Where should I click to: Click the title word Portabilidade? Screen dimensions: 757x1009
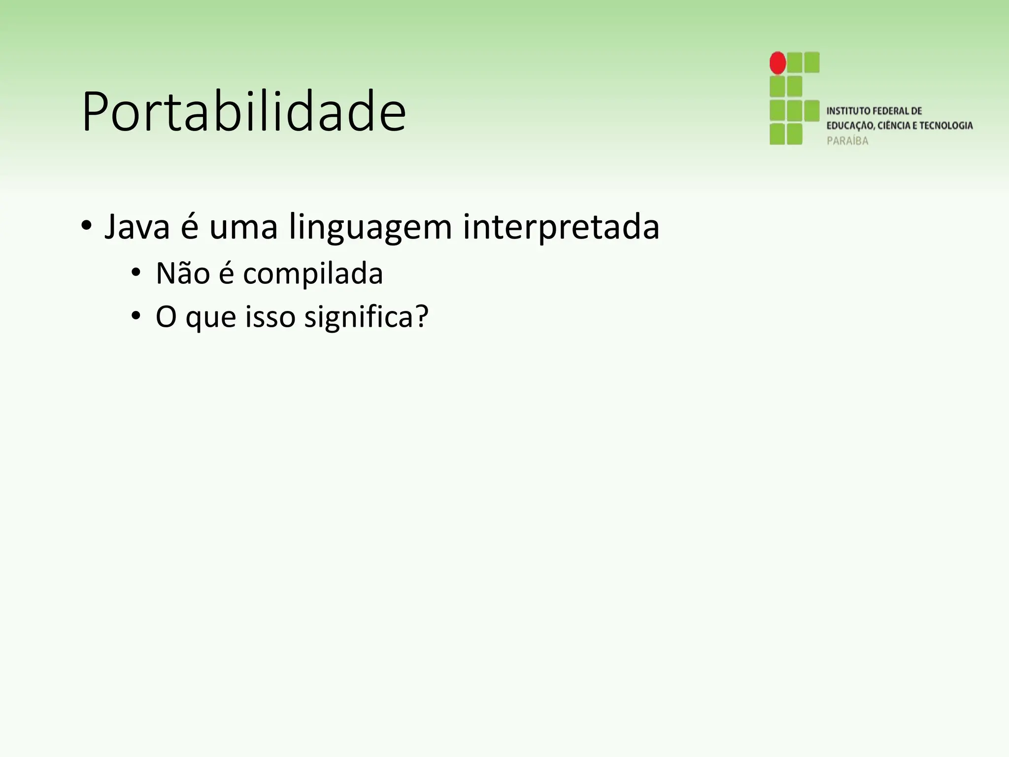pos(244,112)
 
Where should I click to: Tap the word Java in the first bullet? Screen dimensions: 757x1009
pos(137,228)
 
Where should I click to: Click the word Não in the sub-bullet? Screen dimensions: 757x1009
pos(183,274)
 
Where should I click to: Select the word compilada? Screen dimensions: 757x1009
pos(313,275)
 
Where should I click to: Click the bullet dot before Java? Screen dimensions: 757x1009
pos(86,227)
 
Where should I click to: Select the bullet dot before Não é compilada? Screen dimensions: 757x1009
pos(136,273)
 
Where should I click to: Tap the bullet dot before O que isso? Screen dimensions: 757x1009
pos(136,315)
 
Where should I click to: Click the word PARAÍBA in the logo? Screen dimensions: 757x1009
pos(847,141)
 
